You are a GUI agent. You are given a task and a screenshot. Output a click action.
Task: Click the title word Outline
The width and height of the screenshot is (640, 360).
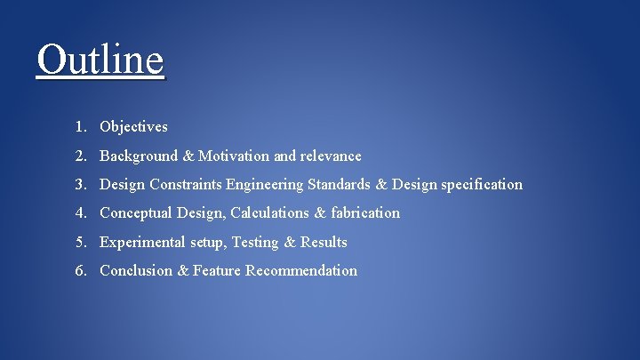[x=100, y=60]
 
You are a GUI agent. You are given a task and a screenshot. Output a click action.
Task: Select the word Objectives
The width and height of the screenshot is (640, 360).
[x=133, y=127]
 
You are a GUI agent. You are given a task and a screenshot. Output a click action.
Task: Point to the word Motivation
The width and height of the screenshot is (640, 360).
[x=234, y=156]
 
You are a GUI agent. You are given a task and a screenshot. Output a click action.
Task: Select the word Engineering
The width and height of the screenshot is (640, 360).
[x=265, y=185]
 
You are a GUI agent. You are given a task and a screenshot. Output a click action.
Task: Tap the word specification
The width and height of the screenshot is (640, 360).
[x=482, y=185]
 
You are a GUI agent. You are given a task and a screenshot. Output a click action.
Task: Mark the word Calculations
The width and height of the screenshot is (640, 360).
[x=268, y=213]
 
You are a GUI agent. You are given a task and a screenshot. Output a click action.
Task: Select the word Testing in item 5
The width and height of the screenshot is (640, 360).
[x=255, y=242]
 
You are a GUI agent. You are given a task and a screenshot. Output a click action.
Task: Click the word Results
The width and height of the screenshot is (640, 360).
[x=324, y=242]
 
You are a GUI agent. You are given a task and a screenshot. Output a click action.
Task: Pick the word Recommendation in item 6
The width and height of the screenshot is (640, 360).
[x=301, y=270]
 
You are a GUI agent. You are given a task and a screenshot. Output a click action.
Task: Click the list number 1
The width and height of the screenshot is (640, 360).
[x=80, y=127]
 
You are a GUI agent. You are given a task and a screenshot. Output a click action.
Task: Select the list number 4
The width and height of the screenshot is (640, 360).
[x=80, y=213]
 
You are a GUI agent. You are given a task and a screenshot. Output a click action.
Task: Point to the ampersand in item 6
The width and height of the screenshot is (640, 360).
[x=182, y=270]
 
